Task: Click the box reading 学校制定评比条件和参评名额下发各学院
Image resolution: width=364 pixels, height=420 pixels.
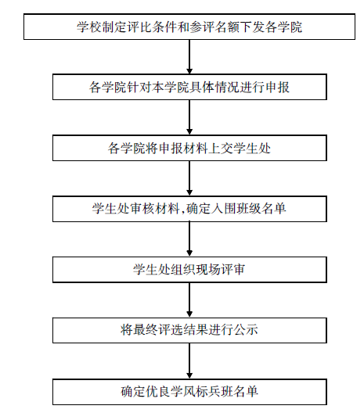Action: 189,27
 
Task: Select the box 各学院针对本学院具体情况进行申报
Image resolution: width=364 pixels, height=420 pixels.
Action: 189,87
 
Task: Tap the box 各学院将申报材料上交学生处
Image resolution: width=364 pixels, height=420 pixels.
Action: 189,148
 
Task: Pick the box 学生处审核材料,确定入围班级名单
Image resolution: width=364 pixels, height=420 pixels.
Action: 189,209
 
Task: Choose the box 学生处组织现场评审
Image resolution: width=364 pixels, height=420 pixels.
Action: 189,270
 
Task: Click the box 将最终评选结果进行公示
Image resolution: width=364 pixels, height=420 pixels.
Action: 189,331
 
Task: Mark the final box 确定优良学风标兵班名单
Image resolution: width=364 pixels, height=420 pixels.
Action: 189,392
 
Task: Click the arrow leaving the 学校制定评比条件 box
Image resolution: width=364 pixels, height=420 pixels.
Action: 189,57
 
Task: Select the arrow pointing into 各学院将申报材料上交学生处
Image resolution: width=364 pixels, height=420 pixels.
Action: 189,117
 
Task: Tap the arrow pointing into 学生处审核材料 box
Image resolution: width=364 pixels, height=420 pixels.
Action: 189,178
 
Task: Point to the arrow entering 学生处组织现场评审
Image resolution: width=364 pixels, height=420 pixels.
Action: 189,239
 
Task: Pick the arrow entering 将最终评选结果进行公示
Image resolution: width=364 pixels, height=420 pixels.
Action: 189,300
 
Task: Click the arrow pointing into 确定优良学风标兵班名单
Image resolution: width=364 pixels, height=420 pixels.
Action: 189,361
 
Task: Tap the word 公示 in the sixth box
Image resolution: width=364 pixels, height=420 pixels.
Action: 246,330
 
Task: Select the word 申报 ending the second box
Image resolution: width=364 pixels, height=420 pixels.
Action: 277,87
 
